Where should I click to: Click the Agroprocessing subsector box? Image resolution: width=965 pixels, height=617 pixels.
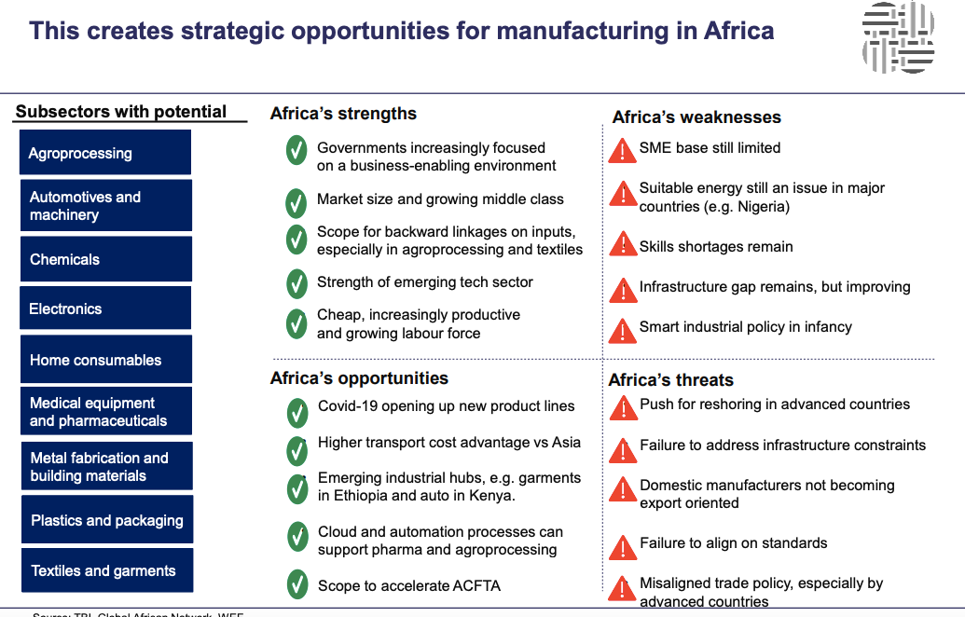tap(105, 153)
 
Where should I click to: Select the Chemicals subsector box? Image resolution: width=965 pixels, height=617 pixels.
tap(105, 259)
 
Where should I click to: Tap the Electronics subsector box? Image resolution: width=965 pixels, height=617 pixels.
tap(105, 308)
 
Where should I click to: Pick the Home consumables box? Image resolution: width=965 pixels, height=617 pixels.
tap(105, 360)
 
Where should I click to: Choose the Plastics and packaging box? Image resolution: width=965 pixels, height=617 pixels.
tap(106, 520)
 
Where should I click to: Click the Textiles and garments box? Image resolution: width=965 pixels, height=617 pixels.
tap(106, 570)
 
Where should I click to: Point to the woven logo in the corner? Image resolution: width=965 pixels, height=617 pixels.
tap(898, 37)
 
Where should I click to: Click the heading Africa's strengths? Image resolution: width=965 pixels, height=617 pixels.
tap(343, 114)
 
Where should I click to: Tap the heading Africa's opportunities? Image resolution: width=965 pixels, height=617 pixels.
tap(359, 378)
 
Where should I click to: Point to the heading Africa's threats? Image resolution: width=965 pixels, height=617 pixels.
tap(670, 380)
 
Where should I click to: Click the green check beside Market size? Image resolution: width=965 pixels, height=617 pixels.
tap(296, 201)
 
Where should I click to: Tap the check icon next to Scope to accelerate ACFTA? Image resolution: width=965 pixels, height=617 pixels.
tap(296, 585)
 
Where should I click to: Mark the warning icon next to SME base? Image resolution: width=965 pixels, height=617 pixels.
tap(623, 150)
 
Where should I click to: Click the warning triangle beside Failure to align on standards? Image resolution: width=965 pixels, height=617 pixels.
tap(623, 545)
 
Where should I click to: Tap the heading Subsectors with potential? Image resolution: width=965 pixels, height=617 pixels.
tap(121, 112)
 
